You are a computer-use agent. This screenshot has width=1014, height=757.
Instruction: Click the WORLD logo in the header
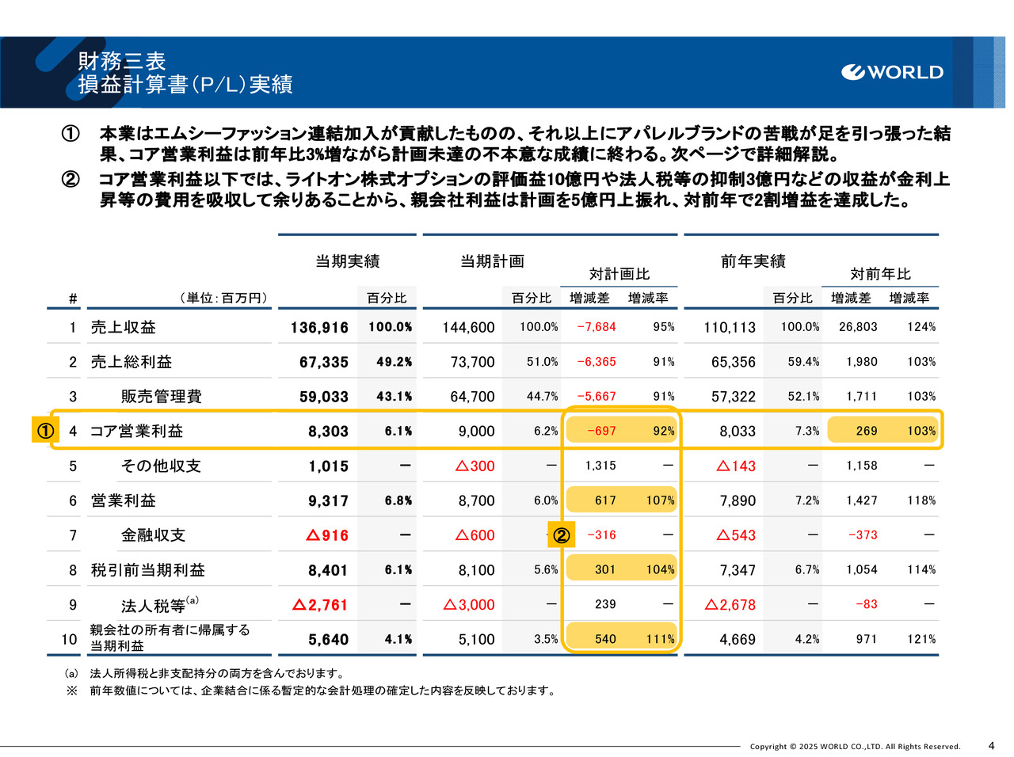click(x=893, y=72)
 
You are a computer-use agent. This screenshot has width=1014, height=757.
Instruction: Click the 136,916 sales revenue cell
click(x=319, y=327)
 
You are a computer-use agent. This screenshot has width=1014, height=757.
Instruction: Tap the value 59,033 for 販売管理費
click(x=324, y=397)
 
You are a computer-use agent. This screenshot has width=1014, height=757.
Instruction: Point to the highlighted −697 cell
click(x=601, y=431)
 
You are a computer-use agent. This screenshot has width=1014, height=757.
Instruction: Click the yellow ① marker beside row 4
click(x=44, y=431)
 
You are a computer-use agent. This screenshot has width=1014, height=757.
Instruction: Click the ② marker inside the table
click(x=561, y=535)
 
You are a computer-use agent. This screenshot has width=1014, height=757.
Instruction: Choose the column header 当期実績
click(x=348, y=261)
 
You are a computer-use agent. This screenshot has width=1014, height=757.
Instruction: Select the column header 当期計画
click(x=493, y=261)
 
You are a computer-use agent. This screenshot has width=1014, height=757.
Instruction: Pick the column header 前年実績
click(x=753, y=261)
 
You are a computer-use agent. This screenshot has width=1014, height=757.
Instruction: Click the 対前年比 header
click(x=880, y=274)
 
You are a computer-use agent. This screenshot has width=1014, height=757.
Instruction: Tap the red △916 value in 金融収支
click(x=327, y=535)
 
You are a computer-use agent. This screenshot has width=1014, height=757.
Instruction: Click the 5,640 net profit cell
click(x=328, y=640)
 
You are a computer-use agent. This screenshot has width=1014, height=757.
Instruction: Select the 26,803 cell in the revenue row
click(x=858, y=327)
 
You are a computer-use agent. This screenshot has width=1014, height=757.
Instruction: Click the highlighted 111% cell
click(x=660, y=639)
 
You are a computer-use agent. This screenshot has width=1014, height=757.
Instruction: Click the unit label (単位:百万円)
click(x=224, y=299)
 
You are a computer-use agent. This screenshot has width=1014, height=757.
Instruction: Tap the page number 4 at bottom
click(x=991, y=745)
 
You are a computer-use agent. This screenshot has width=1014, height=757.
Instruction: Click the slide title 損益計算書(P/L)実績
click(x=185, y=84)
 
